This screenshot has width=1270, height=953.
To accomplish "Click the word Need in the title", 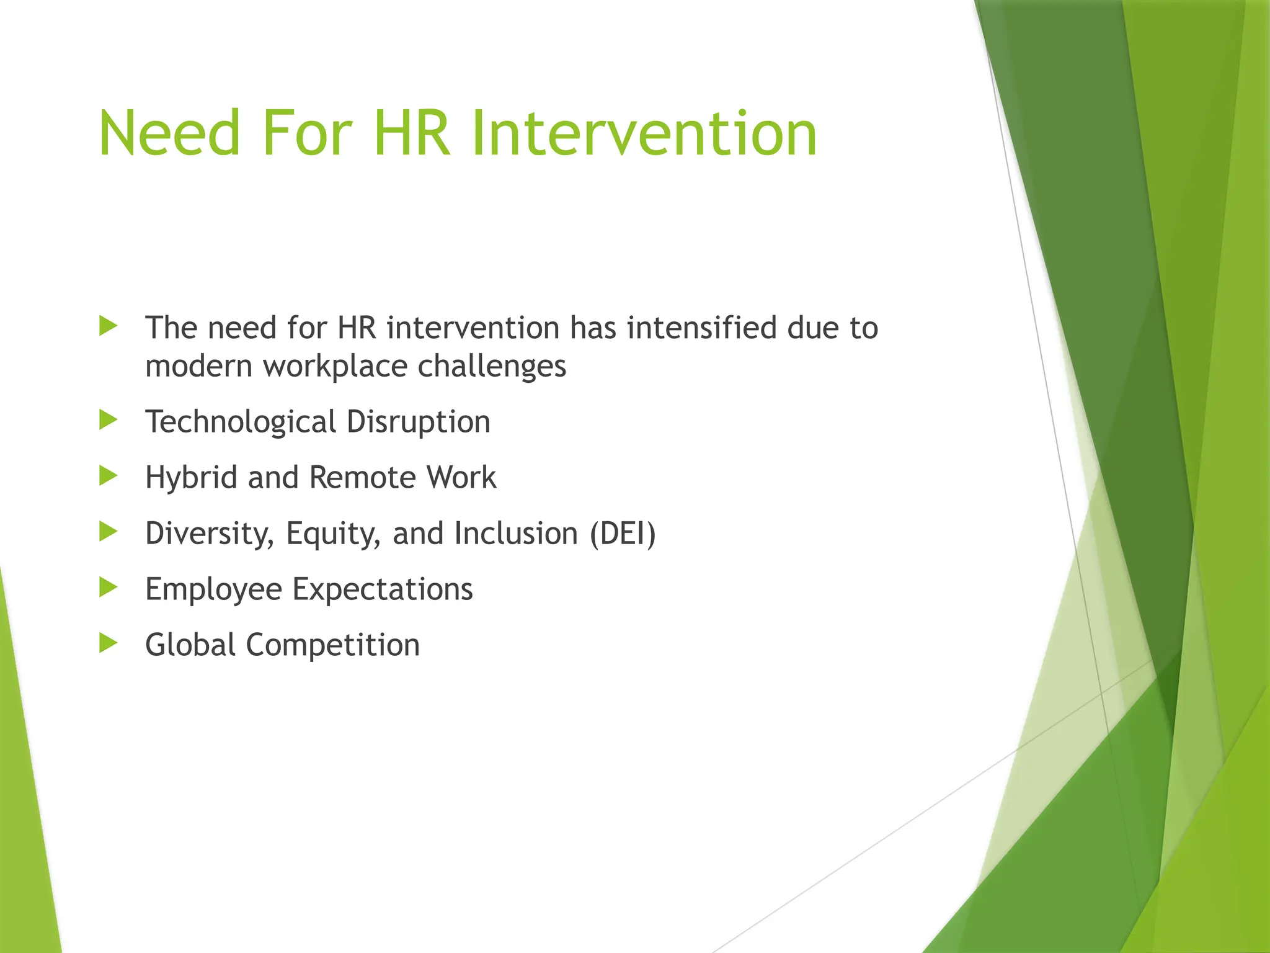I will pyautogui.click(x=169, y=133).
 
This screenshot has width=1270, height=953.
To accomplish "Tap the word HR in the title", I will pyautogui.click(x=412, y=133).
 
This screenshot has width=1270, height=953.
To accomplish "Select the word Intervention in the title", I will pyautogui.click(x=644, y=133).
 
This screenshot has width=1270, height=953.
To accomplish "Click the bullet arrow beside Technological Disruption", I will pyautogui.click(x=108, y=421).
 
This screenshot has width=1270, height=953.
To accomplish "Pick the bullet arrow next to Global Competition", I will pyautogui.click(x=108, y=643).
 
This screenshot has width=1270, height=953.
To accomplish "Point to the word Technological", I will pyautogui.click(x=240, y=423).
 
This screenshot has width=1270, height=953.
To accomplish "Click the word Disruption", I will pyautogui.click(x=419, y=422).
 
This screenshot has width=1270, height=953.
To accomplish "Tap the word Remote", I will pyautogui.click(x=362, y=478).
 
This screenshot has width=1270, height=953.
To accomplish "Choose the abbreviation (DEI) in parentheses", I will pyautogui.click(x=622, y=534).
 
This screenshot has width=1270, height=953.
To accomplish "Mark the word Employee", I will pyautogui.click(x=213, y=590).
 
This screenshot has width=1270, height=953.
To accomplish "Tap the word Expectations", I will pyautogui.click(x=383, y=590).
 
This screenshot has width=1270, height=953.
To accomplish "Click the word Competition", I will pyautogui.click(x=333, y=645).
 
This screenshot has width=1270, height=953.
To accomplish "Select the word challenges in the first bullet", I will pyautogui.click(x=492, y=367).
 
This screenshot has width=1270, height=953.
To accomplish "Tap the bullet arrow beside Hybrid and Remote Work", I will pyautogui.click(x=108, y=476).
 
